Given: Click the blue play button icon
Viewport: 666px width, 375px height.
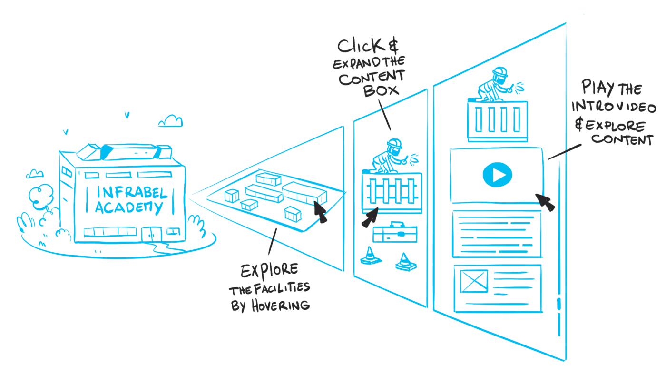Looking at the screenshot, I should point(497,176).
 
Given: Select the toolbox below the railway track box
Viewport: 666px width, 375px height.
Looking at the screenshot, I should point(395,233).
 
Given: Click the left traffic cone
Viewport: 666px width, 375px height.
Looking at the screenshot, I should point(371,256).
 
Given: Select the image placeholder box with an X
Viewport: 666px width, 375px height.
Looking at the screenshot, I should point(474,281).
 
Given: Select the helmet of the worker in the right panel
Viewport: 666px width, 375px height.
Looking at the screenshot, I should point(500,72).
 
